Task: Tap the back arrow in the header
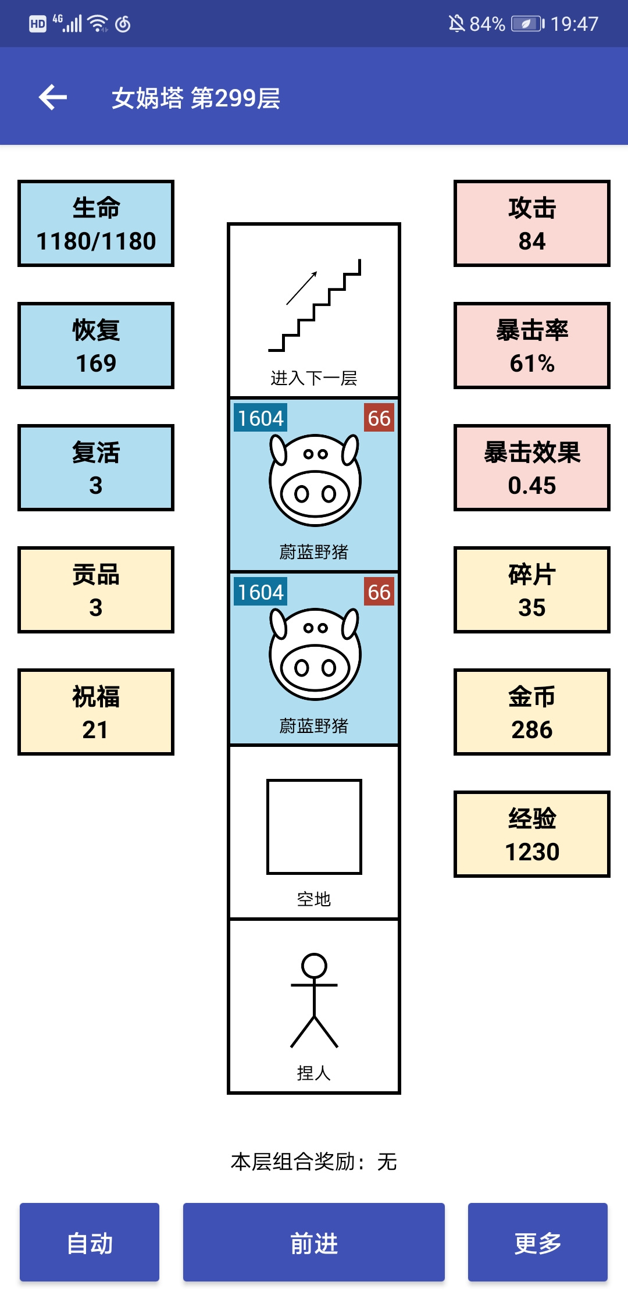pos(53,97)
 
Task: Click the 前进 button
pos(314,1242)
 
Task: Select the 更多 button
pos(538,1242)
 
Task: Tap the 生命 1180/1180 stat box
pos(96,223)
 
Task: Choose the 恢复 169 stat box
pos(96,346)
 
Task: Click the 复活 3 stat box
pos(96,468)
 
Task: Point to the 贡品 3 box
pos(96,590)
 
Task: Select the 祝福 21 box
pos(96,712)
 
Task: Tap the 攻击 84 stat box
pos(532,223)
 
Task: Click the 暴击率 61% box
pos(532,346)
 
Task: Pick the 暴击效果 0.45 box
pos(532,468)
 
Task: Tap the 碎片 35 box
pos(532,590)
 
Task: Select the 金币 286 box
pos(532,712)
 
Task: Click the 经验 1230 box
pos(532,834)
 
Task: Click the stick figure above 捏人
pos(314,1001)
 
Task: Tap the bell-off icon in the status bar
pos(456,24)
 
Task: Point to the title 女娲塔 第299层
pos(196,98)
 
